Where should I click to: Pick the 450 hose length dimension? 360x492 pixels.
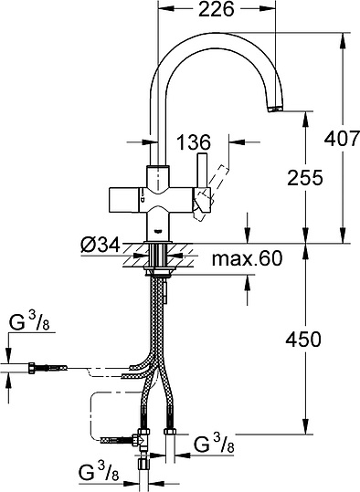302,340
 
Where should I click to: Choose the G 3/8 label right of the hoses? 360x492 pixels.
217,445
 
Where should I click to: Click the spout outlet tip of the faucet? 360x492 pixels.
273,109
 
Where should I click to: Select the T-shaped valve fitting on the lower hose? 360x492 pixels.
141,440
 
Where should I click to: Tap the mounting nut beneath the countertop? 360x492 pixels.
161,270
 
